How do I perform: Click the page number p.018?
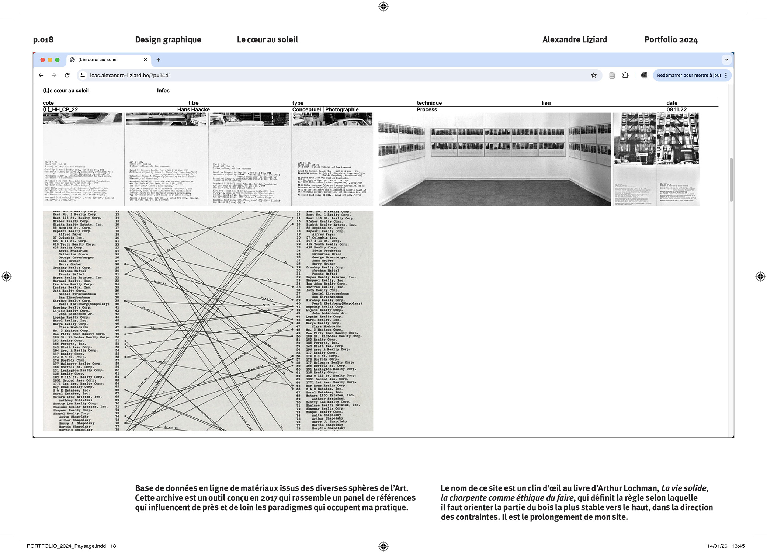pos(43,40)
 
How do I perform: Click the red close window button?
pos(43,60)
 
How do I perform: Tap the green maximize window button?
pos(57,60)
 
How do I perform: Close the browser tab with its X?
pos(145,60)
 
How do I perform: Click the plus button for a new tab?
pos(158,60)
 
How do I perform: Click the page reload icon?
pos(67,75)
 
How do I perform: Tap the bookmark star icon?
pos(594,75)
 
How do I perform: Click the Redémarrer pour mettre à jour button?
pos(689,75)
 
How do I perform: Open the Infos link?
pos(163,91)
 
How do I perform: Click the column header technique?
pos(429,103)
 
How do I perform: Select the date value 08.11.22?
pos(676,109)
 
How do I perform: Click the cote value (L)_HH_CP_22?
pos(60,109)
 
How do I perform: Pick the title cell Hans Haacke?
pos(193,109)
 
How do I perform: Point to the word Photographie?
pos(342,109)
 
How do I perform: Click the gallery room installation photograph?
pos(494,159)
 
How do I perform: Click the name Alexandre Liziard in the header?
pos(575,40)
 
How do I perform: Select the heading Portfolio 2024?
pos(671,40)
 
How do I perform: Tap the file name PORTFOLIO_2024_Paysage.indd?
pos(66,546)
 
